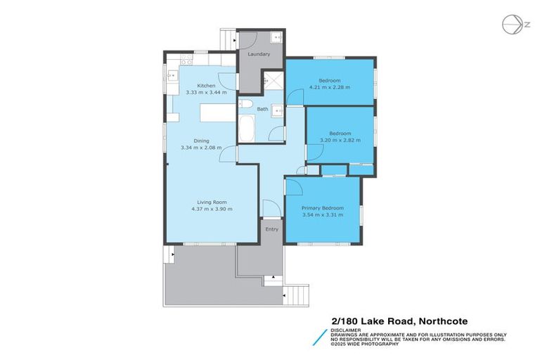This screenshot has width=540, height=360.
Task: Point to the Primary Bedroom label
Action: (322, 208)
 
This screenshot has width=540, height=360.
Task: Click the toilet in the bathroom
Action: (245, 105)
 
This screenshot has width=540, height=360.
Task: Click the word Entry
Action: (271, 229)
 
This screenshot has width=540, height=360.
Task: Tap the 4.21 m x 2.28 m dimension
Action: (329, 88)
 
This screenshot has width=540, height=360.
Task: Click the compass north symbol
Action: (513, 25)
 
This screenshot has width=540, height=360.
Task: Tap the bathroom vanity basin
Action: (276, 110)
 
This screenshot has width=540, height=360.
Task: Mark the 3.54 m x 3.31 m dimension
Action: (322, 215)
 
